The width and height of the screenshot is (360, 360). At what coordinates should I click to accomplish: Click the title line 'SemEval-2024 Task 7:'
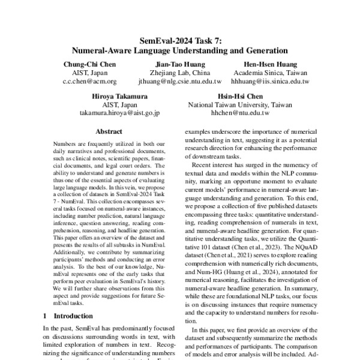coord(180,41)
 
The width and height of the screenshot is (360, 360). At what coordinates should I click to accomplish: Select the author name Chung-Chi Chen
coord(91,64)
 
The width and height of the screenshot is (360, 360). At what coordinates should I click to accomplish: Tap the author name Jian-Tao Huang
coord(180,64)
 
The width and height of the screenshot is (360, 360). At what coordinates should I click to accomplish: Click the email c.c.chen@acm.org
coord(91,81)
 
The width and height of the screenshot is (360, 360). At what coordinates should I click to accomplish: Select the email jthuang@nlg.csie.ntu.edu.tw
coord(180,81)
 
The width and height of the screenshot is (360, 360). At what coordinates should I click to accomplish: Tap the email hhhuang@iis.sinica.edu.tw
coord(271,81)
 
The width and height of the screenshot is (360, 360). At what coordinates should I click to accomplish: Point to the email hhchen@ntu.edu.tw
coord(240,112)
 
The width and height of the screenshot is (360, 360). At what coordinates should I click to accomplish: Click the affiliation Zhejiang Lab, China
coord(180,73)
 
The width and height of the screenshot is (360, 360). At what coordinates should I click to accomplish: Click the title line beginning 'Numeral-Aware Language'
coord(180,50)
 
